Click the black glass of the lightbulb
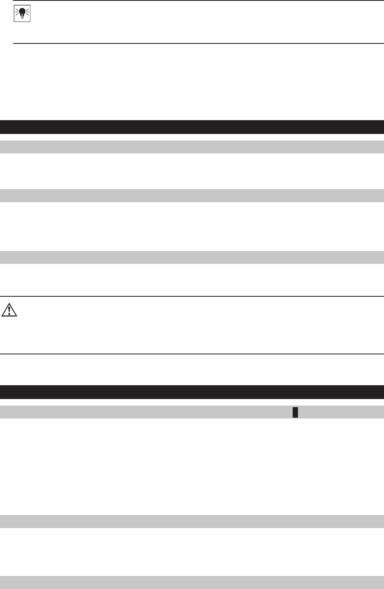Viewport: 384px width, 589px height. click(x=22, y=13)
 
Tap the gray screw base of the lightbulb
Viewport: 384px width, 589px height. click(x=22, y=17)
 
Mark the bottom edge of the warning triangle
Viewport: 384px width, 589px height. click(x=9, y=316)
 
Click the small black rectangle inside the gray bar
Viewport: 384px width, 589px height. click(x=296, y=412)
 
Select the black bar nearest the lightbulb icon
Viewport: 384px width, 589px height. click(x=192, y=127)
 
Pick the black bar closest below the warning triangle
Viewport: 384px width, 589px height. click(x=192, y=392)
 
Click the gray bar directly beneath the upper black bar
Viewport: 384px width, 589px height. click(x=192, y=147)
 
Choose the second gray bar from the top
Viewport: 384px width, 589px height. click(x=192, y=196)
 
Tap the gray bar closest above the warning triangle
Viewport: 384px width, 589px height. click(x=192, y=257)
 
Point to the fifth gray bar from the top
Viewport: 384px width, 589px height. click(x=192, y=521)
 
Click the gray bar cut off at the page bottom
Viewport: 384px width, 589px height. click(x=192, y=583)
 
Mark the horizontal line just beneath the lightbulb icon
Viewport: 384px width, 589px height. click(x=198, y=43)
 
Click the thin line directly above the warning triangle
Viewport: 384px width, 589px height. click(x=192, y=296)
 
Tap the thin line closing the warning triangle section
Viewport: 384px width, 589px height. click(x=192, y=354)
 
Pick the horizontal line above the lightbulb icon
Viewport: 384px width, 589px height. click(x=198, y=0)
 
